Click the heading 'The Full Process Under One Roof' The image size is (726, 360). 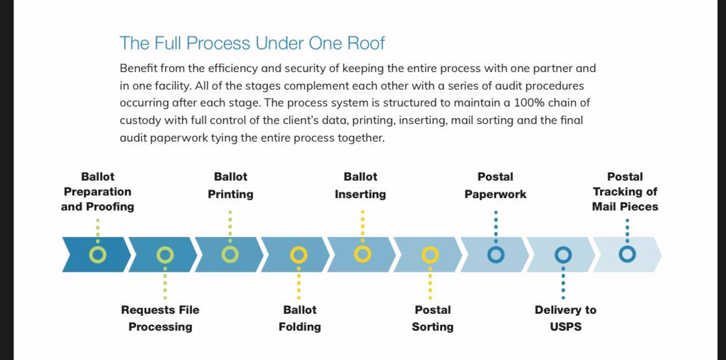(252, 43)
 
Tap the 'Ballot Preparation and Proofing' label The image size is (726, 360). (97, 192)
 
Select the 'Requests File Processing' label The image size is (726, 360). (160, 318)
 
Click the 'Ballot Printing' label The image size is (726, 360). (230, 185)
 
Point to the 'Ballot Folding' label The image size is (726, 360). (300, 318)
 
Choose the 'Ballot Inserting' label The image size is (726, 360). (360, 185)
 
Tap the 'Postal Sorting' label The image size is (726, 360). (432, 318)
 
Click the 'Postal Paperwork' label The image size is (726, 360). (495, 185)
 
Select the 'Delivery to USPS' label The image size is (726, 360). (565, 318)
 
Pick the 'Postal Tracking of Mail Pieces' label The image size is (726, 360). (625, 192)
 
